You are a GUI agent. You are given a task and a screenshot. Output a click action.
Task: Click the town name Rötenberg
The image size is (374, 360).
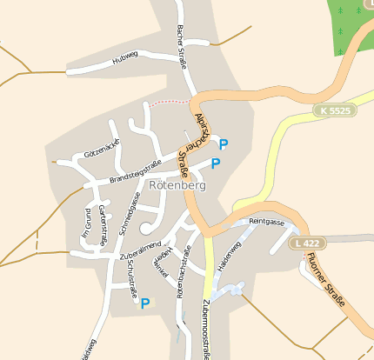(x=177, y=185)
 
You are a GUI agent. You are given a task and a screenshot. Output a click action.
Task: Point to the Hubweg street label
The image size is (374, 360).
(x=125, y=62)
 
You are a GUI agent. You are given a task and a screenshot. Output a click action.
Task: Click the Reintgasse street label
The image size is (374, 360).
(x=266, y=223)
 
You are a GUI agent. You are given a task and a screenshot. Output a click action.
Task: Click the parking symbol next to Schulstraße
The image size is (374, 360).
(x=145, y=303)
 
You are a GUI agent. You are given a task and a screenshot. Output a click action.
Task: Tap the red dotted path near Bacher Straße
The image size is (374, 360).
(x=166, y=102)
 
